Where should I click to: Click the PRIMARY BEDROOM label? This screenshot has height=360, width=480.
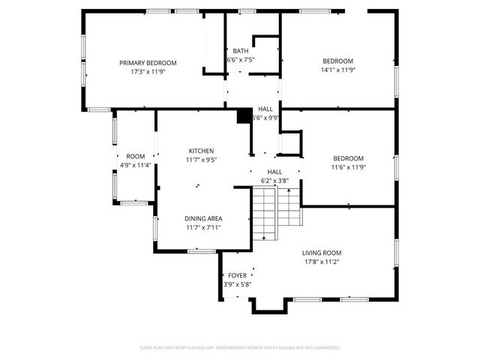(x=148, y=62)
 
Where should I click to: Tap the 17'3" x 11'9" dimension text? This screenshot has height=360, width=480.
(x=148, y=72)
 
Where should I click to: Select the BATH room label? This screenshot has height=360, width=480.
(x=240, y=51)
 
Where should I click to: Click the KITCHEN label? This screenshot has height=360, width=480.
(x=201, y=151)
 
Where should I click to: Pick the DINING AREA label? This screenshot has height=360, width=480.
(x=202, y=218)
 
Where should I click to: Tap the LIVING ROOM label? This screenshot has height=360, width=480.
(x=322, y=253)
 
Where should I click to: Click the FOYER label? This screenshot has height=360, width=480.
(x=238, y=275)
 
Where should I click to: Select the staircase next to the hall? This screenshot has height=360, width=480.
(x=274, y=214)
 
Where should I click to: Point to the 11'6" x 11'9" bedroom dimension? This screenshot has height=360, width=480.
(x=348, y=168)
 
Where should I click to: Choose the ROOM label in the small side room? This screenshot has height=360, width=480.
(x=136, y=156)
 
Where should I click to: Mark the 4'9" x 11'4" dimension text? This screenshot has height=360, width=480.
(x=136, y=165)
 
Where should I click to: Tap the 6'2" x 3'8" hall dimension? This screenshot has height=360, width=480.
(x=274, y=181)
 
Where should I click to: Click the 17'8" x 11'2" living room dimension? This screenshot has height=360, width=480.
(x=322, y=262)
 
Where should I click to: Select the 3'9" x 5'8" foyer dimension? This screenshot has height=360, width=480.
(x=238, y=285)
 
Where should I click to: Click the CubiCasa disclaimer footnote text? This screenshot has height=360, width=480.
(x=240, y=347)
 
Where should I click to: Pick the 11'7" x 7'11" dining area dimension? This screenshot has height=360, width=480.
(x=202, y=228)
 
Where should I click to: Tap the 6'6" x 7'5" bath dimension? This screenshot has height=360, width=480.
(x=240, y=60)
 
